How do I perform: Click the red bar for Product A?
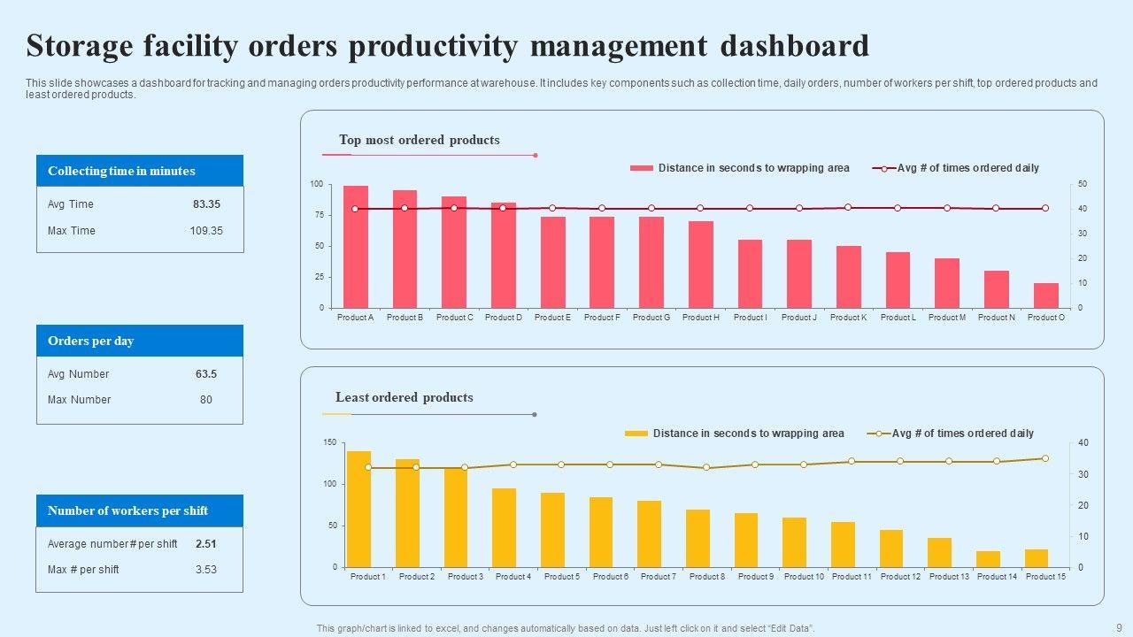(x=356, y=248)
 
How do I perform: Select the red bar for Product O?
(x=1045, y=295)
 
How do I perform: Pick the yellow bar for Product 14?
(x=988, y=559)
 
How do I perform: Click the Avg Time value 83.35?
(x=206, y=204)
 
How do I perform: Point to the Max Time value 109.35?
(x=206, y=231)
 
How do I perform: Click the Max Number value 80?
(x=206, y=400)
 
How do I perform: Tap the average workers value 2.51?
(x=206, y=544)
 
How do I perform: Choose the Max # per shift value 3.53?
(x=206, y=570)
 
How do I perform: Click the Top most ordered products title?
(x=419, y=140)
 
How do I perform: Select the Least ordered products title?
(x=404, y=397)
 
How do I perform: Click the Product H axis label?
(x=700, y=318)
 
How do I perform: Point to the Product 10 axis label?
(x=804, y=577)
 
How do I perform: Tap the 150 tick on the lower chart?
(x=329, y=442)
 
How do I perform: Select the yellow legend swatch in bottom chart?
(x=636, y=434)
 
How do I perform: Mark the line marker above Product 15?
(x=1045, y=458)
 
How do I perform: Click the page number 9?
(x=1119, y=627)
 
